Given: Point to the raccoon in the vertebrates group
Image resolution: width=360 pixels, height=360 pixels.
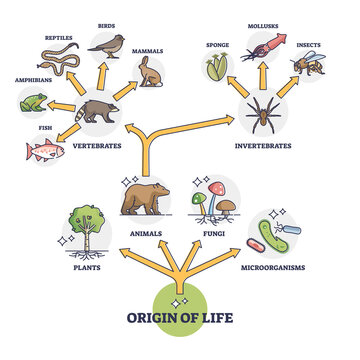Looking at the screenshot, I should (97, 111).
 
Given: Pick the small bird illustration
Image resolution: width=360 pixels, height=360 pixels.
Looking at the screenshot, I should (108, 43).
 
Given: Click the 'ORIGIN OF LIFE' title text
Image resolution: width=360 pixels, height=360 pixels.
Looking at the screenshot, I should (180, 320).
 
